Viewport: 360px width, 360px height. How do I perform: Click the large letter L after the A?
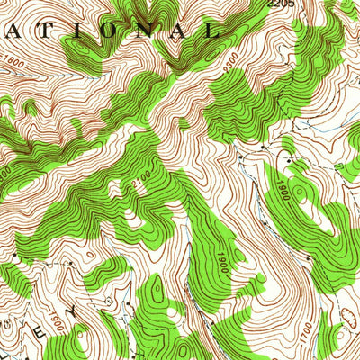213,29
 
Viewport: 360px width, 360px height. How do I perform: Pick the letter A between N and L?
184,29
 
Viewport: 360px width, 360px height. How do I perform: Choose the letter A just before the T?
21,29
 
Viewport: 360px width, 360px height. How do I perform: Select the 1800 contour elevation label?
13,64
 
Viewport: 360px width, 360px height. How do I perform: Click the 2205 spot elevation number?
281,4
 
